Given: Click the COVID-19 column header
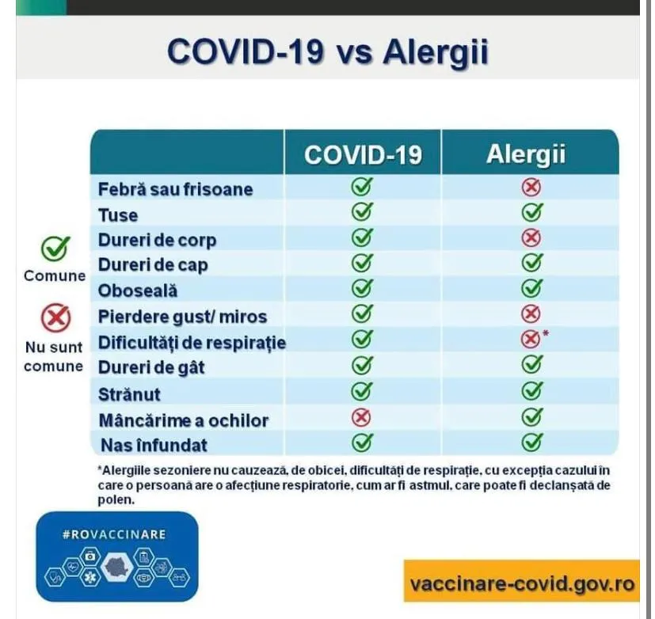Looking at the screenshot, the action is pyautogui.click(x=363, y=154).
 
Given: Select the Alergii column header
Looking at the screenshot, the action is pyautogui.click(x=526, y=154).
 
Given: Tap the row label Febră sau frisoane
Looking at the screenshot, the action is pyautogui.click(x=176, y=189).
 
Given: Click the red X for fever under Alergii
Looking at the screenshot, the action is pyautogui.click(x=531, y=187).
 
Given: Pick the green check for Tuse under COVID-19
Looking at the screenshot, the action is pyautogui.click(x=362, y=211).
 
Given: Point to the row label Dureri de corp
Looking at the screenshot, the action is pyautogui.click(x=157, y=241).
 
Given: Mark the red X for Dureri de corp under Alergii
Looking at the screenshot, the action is pyautogui.click(x=531, y=238).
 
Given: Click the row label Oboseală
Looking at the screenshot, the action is pyautogui.click(x=138, y=291).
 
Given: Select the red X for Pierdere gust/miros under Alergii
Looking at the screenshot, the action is pyautogui.click(x=531, y=313).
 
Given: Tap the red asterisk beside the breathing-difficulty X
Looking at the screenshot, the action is pyautogui.click(x=546, y=333).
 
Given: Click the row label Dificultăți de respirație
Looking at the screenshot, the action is pyautogui.click(x=192, y=342).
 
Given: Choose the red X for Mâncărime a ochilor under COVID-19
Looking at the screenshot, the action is pyautogui.click(x=361, y=417).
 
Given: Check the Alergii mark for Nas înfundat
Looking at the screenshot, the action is pyautogui.click(x=532, y=442).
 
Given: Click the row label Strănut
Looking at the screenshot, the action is pyautogui.click(x=129, y=394).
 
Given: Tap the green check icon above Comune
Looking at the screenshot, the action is pyautogui.click(x=55, y=249).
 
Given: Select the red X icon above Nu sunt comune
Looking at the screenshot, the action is pyautogui.click(x=55, y=318).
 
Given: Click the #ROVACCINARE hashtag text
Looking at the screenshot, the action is pyautogui.click(x=114, y=534).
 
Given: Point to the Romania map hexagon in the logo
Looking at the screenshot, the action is pyautogui.click(x=117, y=567).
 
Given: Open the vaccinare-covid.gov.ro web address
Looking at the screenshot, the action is pyautogui.click(x=522, y=583).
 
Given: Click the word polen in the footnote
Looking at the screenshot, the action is pyautogui.click(x=116, y=500).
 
